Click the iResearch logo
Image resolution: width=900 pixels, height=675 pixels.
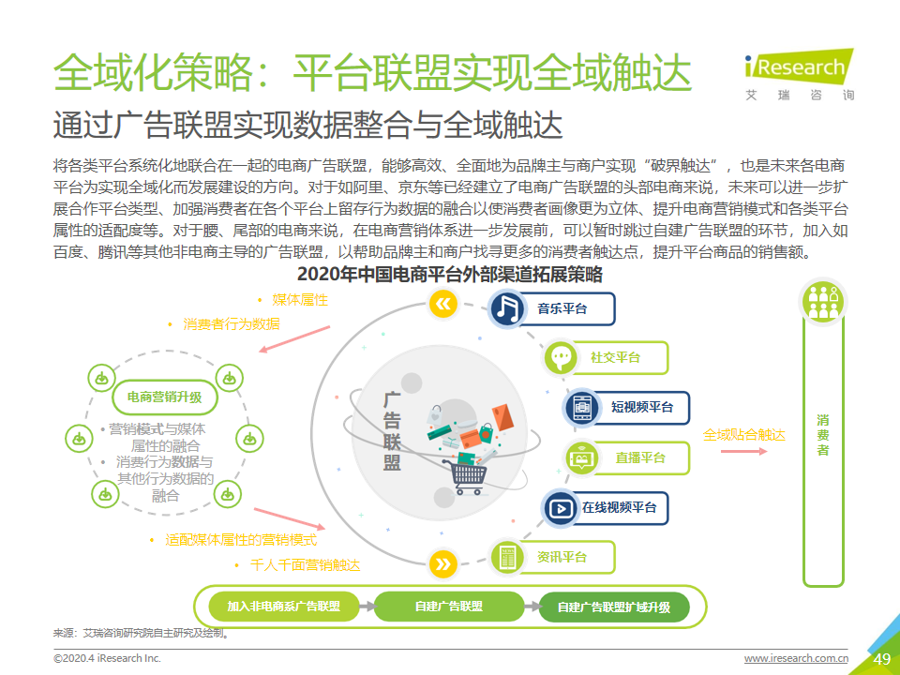click(x=799, y=75)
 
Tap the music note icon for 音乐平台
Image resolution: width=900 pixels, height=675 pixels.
click(x=507, y=308)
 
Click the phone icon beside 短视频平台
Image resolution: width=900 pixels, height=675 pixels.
click(x=581, y=408)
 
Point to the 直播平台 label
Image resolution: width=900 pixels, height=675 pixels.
click(x=640, y=458)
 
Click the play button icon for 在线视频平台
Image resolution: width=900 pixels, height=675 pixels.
click(x=561, y=508)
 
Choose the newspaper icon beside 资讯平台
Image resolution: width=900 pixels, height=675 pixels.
click(x=508, y=557)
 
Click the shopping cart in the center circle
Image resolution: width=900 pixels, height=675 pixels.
click(x=466, y=477)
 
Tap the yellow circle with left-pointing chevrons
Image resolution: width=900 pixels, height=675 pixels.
click(x=443, y=304)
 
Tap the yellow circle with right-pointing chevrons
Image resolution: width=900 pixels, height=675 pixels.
click(x=443, y=564)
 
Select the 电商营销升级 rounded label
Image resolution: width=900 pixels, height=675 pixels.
click(x=165, y=397)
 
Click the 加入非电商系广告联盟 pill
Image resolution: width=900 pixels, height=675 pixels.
click(x=283, y=607)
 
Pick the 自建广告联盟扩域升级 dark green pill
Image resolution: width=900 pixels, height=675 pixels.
click(x=614, y=607)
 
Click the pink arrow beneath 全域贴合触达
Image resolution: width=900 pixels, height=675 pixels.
click(x=743, y=451)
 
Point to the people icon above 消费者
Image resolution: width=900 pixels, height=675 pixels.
click(x=823, y=302)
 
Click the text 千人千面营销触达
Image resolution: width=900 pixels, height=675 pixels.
click(x=306, y=565)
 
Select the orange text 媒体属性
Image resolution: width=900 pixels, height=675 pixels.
click(x=300, y=300)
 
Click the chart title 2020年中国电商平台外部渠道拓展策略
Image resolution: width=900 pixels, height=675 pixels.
click(x=449, y=275)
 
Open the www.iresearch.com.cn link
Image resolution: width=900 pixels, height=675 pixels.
click(x=796, y=658)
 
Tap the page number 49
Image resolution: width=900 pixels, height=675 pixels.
click(x=881, y=659)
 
